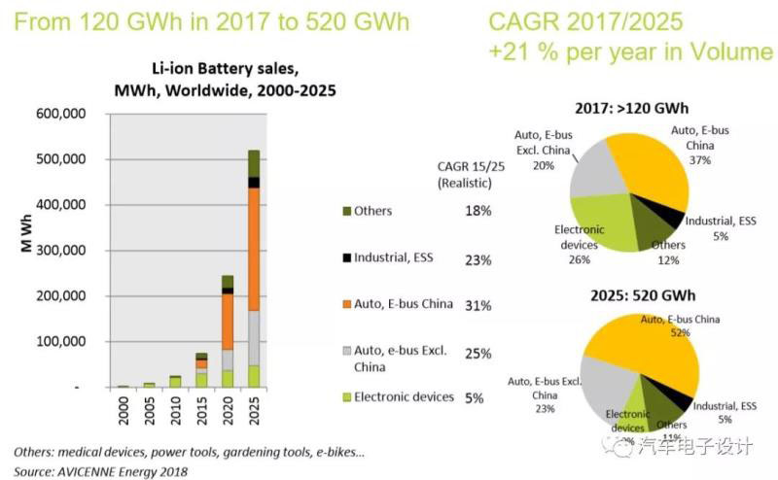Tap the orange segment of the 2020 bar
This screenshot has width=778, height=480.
pos(228,321)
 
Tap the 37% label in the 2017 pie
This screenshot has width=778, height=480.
pos(699,159)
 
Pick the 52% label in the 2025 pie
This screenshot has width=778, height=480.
pos(679,333)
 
